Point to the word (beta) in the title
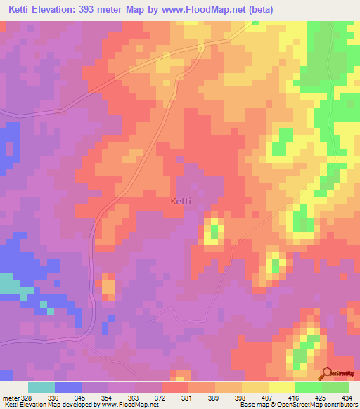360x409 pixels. (x=259, y=10)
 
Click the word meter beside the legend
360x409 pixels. (x=11, y=398)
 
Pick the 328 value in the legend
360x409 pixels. (x=27, y=398)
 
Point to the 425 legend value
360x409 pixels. (x=318, y=398)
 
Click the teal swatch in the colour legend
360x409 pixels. (x=41, y=387)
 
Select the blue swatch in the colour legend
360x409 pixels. (x=68, y=387)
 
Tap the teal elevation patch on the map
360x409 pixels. (x=9, y=285)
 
